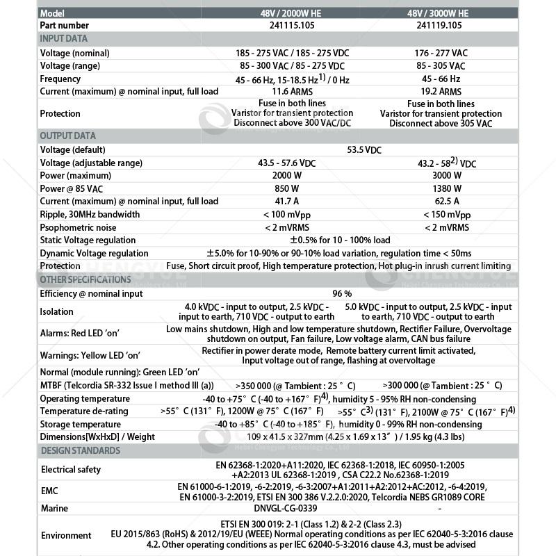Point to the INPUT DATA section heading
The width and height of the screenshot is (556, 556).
click(x=63, y=39)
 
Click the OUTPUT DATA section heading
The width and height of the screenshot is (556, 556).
click(x=67, y=136)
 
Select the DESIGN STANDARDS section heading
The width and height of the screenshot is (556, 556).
click(x=79, y=451)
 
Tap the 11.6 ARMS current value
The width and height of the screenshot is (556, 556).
click(x=293, y=92)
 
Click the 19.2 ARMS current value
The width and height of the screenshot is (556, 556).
click(x=441, y=92)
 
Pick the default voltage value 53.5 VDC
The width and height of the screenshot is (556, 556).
click(x=363, y=149)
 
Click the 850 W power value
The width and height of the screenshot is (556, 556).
click(x=293, y=188)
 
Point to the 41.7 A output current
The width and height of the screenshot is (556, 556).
click(x=293, y=202)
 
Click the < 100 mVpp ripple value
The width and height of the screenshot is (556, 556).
click(x=293, y=215)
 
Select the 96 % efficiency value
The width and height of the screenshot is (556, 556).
click(x=342, y=294)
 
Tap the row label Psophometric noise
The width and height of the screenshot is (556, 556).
click(x=78, y=228)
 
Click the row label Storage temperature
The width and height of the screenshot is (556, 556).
click(x=80, y=425)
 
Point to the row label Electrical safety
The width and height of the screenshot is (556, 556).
click(x=70, y=470)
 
